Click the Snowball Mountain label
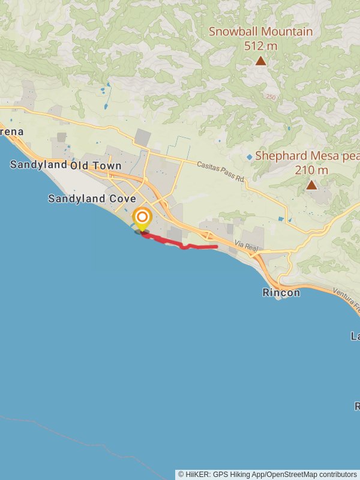pyautogui.click(x=260, y=31)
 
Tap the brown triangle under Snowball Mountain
pyautogui.click(x=260, y=61)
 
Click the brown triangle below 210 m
pyautogui.click(x=311, y=185)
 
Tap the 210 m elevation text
pyautogui.click(x=311, y=170)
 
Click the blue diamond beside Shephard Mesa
pyautogui.click(x=250, y=157)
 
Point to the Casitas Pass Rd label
pyautogui.click(x=221, y=171)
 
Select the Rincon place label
pyautogui.click(x=281, y=293)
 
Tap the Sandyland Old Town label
pyautogui.click(x=66, y=165)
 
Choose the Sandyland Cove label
pyautogui.click(x=92, y=199)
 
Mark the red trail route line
pyautogui.click(x=180, y=245)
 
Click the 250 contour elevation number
pyautogui.click(x=271, y=97)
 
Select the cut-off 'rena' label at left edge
pyautogui.click(x=11, y=131)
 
